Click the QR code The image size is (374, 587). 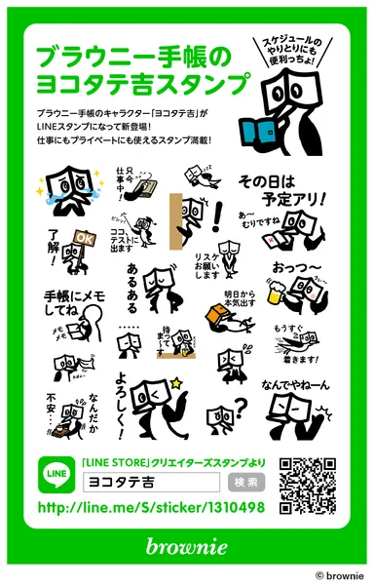click(307, 485)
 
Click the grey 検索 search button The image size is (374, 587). click(246, 482)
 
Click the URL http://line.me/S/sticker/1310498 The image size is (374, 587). click(151, 508)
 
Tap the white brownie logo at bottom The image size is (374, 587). click(187, 545)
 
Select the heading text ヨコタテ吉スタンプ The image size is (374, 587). click(132, 80)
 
